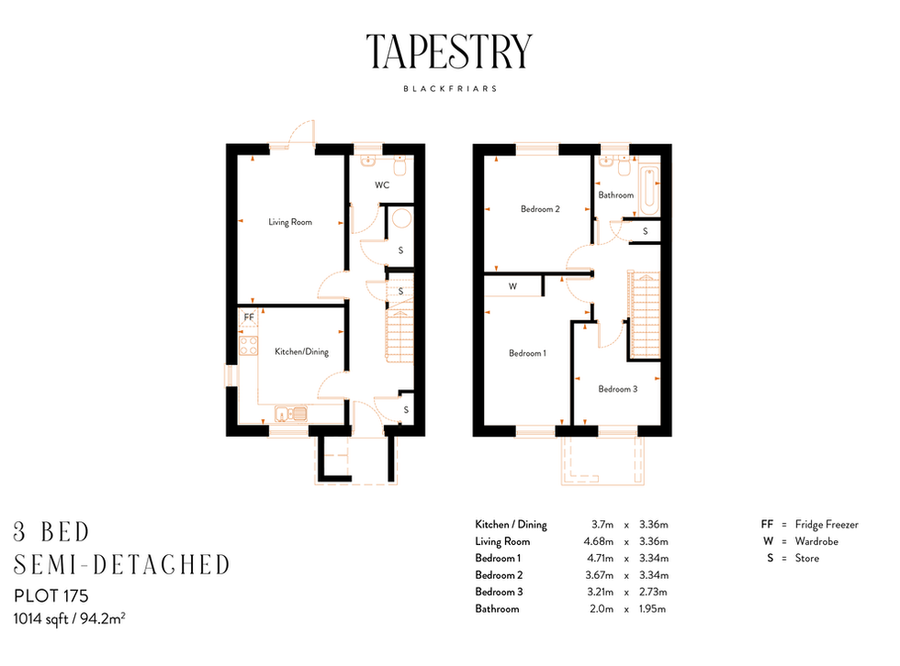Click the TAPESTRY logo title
[449, 51]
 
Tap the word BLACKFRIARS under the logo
[450, 89]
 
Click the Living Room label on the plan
[290, 222]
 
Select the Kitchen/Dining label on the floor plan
[301, 351]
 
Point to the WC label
[382, 185]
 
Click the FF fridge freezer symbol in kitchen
[249, 318]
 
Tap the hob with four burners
[249, 346]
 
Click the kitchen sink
[291, 413]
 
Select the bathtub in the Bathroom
[649, 190]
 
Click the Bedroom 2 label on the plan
[540, 209]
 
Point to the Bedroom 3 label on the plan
[617, 389]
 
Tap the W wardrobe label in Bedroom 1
[512, 286]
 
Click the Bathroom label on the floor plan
[616, 194]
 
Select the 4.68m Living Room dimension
[599, 541]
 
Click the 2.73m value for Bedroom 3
[653, 592]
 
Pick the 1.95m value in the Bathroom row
[653, 609]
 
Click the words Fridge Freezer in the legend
[827, 525]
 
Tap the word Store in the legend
[807, 559]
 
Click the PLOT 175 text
[51, 596]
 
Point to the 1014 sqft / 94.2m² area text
[70, 618]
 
